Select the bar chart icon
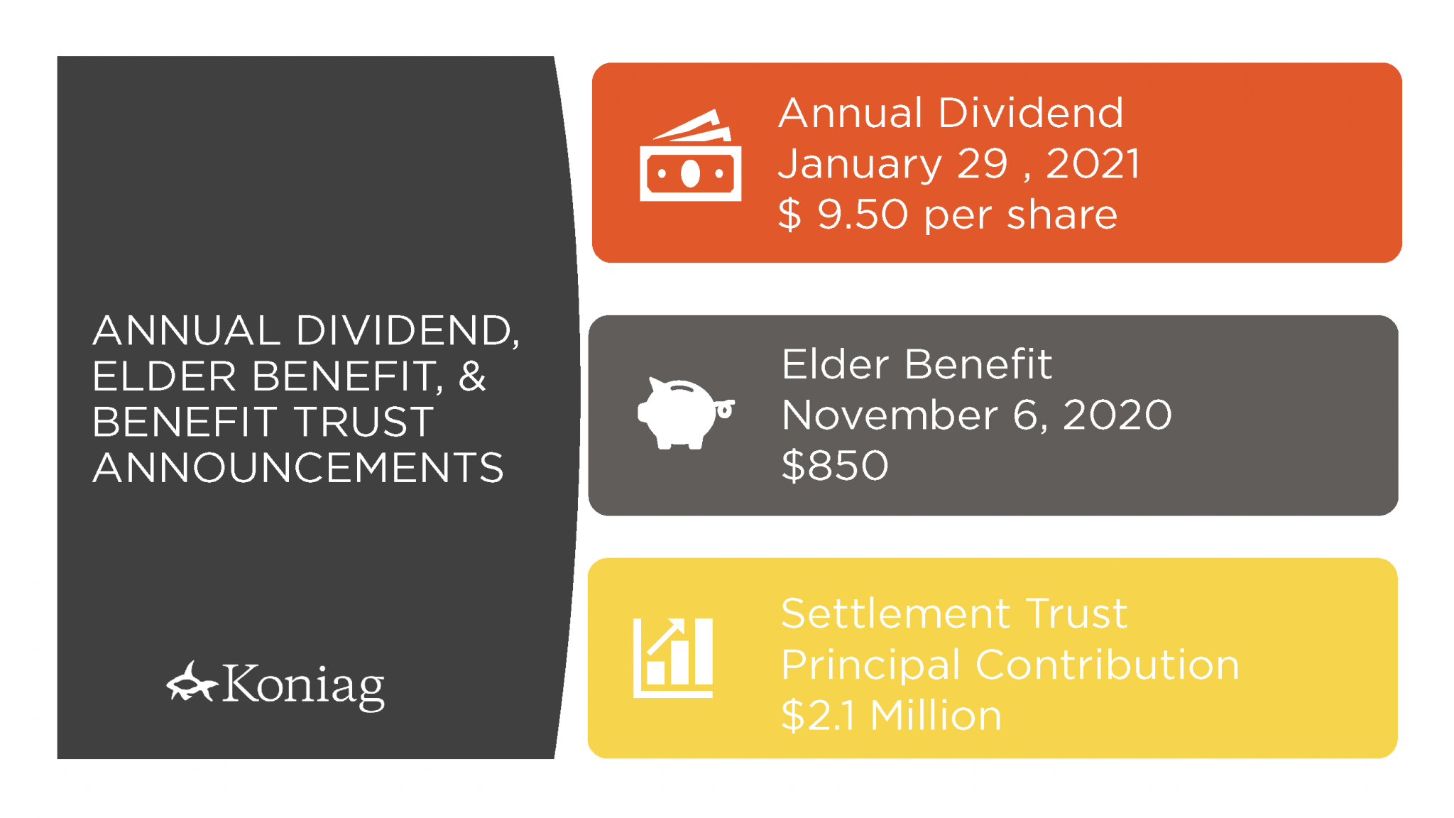pyautogui.click(x=672, y=658)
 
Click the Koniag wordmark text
pyautogui.click(x=303, y=685)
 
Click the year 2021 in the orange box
pyautogui.click(x=1093, y=163)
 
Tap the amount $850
pyautogui.click(x=835, y=466)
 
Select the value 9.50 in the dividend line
pyautogui.click(x=863, y=214)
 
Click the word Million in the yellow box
pyautogui.click(x=936, y=715)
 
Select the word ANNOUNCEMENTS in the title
pyautogui.click(x=298, y=467)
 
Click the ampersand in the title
pyautogui.click(x=472, y=376)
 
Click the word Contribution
pyautogui.click(x=1108, y=665)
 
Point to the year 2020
pyautogui.click(x=1117, y=415)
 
